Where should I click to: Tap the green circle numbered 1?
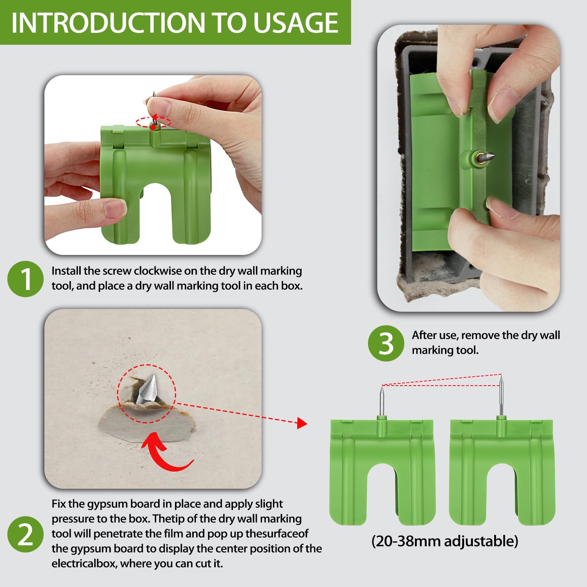pyautogui.click(x=25, y=279)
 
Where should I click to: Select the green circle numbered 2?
pyautogui.click(x=25, y=534)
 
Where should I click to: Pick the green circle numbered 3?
pyautogui.click(x=386, y=343)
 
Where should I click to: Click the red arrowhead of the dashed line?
pyautogui.click(x=302, y=423)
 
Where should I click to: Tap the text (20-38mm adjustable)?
pyautogui.click(x=445, y=541)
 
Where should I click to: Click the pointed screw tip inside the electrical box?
pyautogui.click(x=486, y=157)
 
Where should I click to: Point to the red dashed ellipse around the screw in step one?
pyautogui.click(x=153, y=122)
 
